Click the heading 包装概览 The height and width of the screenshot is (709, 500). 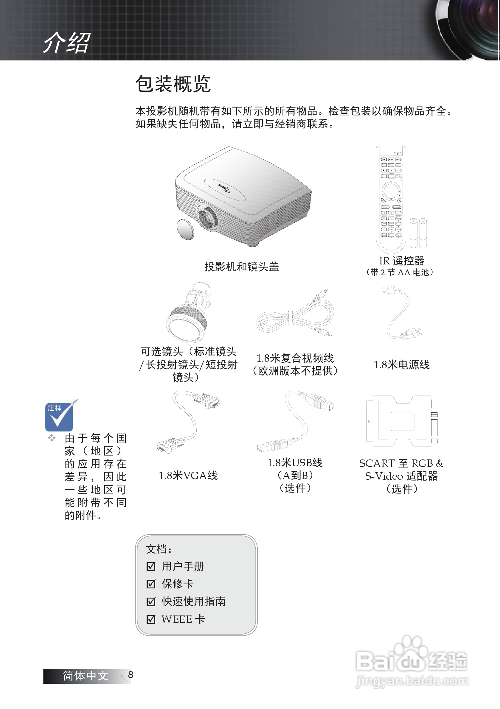point(173,84)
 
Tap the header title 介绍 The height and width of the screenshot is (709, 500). point(67,43)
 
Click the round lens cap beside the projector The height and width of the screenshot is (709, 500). point(185,229)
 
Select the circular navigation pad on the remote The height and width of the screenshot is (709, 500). point(391,191)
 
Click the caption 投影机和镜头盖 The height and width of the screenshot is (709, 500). point(242,267)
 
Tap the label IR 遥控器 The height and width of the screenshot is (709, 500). point(401,261)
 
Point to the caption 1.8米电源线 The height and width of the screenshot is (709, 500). point(401,365)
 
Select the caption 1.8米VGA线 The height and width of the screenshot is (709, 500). point(188,475)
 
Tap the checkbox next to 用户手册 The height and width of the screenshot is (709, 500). point(151,566)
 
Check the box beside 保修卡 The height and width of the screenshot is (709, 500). point(151,584)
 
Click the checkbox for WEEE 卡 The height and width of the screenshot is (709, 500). point(151,619)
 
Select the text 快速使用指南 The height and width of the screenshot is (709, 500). point(194,601)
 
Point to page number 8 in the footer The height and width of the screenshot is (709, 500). point(131,675)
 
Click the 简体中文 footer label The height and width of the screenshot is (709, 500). point(85,676)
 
